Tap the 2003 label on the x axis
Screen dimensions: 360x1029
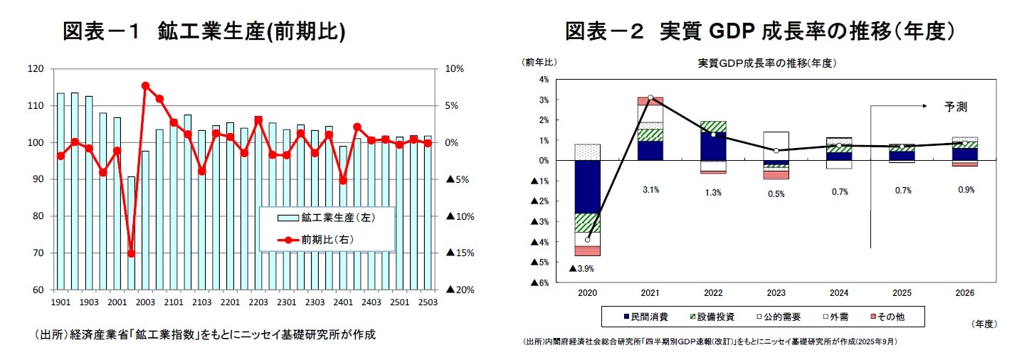pos(145,302)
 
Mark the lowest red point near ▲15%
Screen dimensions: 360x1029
pos(131,253)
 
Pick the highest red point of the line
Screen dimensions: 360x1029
pos(145,85)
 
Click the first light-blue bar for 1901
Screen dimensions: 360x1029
pos(60,191)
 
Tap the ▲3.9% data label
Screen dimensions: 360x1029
pos(581,269)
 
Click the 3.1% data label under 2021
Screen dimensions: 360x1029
pos(650,190)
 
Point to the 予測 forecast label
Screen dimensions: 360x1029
pos(956,107)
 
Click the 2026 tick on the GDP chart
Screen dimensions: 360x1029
pos(964,293)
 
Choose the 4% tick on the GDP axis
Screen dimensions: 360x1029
pos(544,80)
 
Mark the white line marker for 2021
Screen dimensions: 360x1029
pos(650,97)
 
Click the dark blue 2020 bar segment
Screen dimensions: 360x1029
pos(587,186)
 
